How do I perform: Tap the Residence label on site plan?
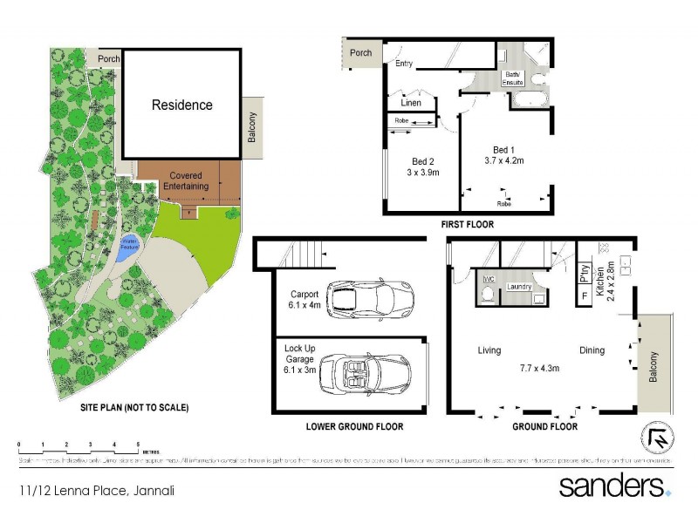pos(182,105)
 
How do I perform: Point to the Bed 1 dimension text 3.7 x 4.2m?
pos(503,160)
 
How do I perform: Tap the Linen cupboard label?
pos(411,103)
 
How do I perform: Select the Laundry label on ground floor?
pos(519,286)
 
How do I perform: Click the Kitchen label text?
pos(600,282)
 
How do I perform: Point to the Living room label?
pos(489,350)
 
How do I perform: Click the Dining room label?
pos(592,350)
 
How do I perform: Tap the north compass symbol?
pos(660,437)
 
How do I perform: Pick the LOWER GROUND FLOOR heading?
pos(354,427)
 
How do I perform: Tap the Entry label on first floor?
pos(404,64)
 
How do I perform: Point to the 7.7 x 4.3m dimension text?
pos(540,368)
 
